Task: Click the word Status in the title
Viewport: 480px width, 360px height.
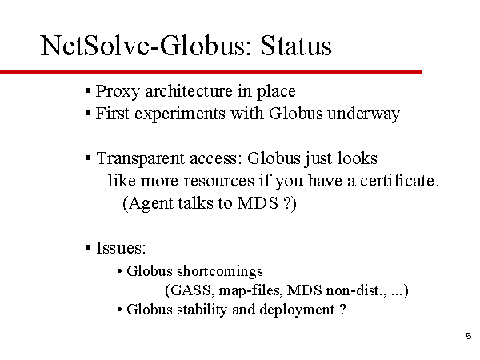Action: click(x=296, y=46)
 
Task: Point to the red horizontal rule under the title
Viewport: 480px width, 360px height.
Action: click(x=210, y=72)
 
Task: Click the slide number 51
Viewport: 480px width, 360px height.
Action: click(x=470, y=336)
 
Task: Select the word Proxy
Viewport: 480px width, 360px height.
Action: click(x=118, y=91)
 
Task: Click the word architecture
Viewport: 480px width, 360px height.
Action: click(x=188, y=90)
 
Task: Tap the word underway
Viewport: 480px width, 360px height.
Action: click(x=363, y=114)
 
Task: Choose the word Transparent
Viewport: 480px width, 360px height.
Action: click(x=141, y=159)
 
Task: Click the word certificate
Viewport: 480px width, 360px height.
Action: click(x=399, y=180)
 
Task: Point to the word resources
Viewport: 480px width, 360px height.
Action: click(x=219, y=181)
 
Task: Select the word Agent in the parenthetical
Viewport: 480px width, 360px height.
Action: click(x=151, y=203)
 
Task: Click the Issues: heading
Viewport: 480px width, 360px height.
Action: click(x=121, y=248)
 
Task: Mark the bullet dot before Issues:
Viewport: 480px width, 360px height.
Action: click(x=88, y=248)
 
